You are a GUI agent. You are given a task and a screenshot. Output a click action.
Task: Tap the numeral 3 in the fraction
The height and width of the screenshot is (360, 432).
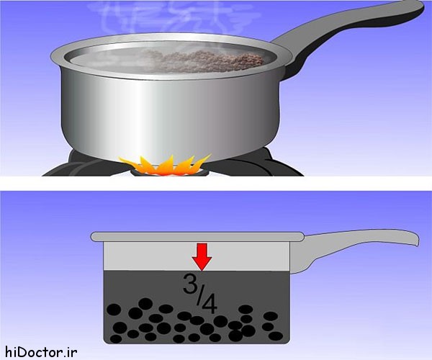coord(189,284)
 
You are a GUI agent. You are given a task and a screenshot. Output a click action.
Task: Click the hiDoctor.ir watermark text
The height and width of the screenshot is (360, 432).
coord(41,352)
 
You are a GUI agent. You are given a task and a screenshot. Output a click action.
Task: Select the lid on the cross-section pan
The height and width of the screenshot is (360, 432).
coord(197,237)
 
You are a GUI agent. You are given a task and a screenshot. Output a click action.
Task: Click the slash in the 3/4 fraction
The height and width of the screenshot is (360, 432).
coord(199,294)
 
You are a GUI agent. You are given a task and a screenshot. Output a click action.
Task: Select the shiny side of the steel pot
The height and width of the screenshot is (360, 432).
coord(170,116)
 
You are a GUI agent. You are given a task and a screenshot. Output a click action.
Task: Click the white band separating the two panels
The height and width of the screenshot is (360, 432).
coord(216,184)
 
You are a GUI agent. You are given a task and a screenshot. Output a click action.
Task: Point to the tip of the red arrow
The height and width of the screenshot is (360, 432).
coord(202,271)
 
